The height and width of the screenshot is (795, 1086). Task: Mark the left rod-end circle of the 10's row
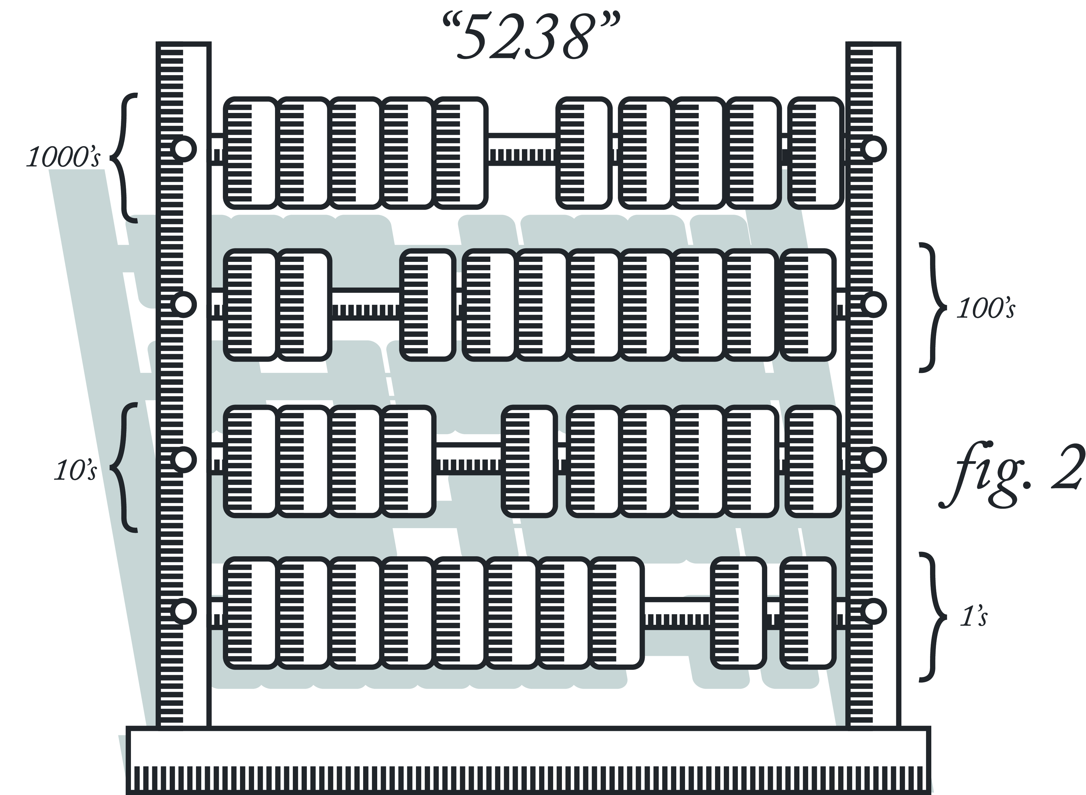coord(183,460)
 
